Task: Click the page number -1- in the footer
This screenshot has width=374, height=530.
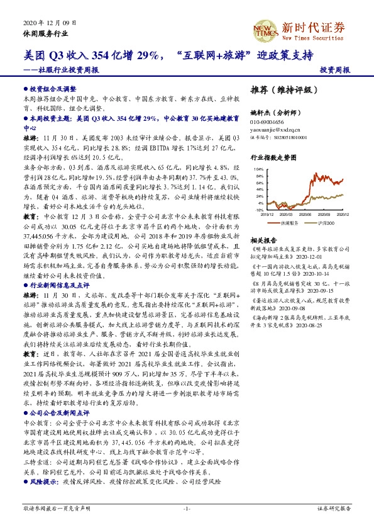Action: tap(187, 507)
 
